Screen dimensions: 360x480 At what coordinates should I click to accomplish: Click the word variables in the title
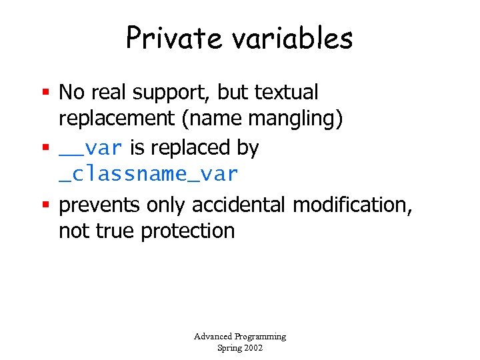[293, 38]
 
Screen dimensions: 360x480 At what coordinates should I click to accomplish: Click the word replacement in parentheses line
[115, 119]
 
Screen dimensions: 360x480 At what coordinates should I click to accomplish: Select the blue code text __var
[90, 147]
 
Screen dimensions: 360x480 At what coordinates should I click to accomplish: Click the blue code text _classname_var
[148, 175]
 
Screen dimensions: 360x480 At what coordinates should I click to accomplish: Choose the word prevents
[99, 205]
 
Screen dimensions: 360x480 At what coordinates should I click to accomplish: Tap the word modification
[353, 204]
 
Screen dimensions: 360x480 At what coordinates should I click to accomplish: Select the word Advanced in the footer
[212, 337]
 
